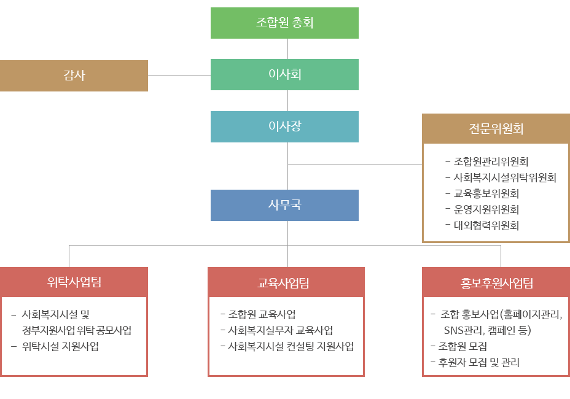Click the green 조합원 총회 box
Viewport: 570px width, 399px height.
(x=284, y=23)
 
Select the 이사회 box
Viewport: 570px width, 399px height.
(x=284, y=74)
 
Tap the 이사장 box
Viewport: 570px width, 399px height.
(x=284, y=126)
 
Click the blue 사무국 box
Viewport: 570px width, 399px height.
(x=284, y=205)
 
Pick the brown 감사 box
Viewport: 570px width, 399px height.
(x=74, y=76)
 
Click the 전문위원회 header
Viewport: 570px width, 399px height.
(x=496, y=129)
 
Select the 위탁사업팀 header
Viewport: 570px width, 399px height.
(x=74, y=282)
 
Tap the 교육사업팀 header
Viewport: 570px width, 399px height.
(x=286, y=282)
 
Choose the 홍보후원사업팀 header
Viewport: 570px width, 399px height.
(x=496, y=282)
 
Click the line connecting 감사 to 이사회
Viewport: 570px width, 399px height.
(x=179, y=76)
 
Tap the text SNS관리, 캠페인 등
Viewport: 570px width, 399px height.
(x=487, y=330)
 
